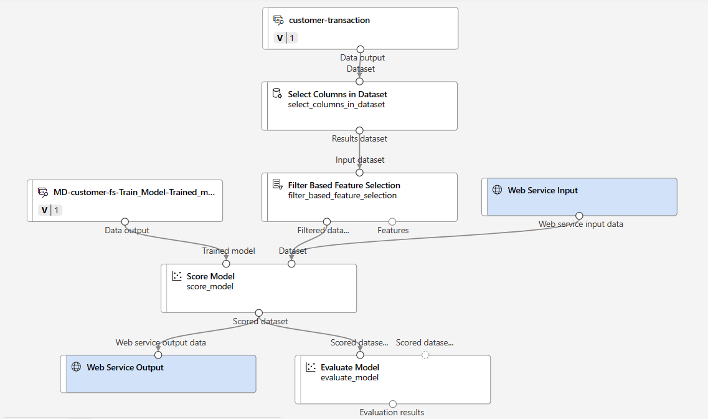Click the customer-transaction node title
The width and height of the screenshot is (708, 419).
coord(329,20)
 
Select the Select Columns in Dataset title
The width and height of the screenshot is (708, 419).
coord(337,94)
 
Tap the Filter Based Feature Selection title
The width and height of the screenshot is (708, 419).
coord(344,185)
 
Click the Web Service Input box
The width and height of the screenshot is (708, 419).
coord(579,197)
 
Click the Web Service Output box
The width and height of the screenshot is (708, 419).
coord(158,373)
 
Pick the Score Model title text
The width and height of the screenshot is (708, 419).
coord(210,276)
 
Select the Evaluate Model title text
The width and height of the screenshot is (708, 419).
coord(349,367)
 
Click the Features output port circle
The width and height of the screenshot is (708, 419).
coord(392,221)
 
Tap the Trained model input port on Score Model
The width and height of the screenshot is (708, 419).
coord(227,264)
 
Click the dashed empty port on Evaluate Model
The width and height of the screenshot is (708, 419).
coord(425,355)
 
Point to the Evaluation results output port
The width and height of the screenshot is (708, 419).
coord(392,403)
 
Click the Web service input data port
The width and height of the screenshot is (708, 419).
coord(579,216)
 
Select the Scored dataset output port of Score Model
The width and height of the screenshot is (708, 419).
coord(259,313)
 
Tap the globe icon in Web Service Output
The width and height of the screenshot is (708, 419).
coord(76,367)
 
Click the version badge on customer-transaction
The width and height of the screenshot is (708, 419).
coord(286,38)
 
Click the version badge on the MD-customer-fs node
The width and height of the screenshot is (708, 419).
coord(50,210)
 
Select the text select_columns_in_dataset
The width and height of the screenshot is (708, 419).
coord(336,105)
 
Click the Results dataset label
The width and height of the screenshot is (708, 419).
coord(359,138)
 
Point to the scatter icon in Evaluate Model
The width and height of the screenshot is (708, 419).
coord(311,367)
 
